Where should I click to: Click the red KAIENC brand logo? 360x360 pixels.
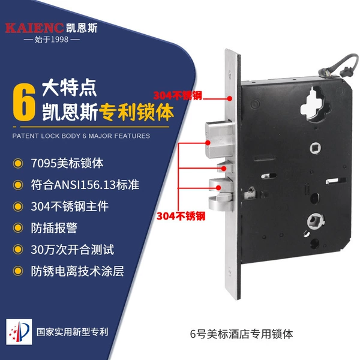(34, 28)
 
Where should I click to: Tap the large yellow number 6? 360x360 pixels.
(24, 102)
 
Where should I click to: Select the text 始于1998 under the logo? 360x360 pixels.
(52, 40)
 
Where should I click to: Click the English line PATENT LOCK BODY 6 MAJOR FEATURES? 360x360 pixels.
(81, 136)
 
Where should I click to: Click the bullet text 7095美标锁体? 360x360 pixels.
(67, 163)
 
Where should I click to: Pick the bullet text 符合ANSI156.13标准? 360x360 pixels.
(85, 185)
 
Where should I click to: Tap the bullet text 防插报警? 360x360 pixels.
(54, 228)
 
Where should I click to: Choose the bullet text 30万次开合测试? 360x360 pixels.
(73, 250)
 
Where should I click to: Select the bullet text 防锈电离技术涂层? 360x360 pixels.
(77, 271)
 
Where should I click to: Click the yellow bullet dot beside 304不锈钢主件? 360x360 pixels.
(18, 206)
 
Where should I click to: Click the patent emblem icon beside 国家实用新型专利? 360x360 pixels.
(19, 332)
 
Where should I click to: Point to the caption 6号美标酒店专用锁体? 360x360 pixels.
(242, 334)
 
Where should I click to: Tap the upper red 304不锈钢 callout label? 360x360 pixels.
(178, 96)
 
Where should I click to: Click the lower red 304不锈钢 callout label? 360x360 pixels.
(181, 216)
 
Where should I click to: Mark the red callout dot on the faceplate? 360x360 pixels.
(230, 98)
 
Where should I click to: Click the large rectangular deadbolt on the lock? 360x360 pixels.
(218, 140)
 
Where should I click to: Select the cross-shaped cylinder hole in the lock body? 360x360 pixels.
(315, 104)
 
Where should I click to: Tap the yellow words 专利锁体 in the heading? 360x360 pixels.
(136, 112)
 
